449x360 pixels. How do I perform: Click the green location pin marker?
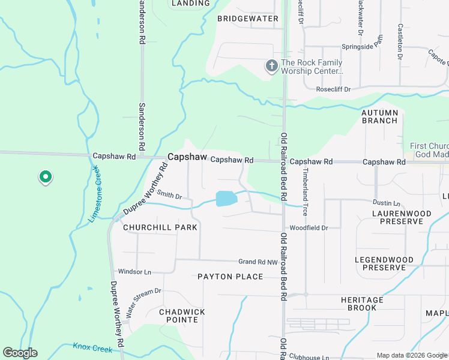[44, 177]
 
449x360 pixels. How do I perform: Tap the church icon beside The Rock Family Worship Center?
[272, 66]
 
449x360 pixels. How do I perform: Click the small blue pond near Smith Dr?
[225, 199]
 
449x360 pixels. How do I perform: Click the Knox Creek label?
[92, 347]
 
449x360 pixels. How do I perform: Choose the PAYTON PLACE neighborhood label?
[231, 277]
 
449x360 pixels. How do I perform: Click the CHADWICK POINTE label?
[182, 316]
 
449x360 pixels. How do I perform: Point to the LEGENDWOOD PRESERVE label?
[384, 263]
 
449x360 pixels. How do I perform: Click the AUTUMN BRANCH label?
[379, 116]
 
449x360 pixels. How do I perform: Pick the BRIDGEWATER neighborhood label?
[248, 19]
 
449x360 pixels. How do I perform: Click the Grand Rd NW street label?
[258, 262]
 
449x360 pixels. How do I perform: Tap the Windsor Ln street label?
[134, 272]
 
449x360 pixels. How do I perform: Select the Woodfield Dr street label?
[309, 228]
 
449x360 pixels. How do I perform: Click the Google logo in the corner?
[20, 353]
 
